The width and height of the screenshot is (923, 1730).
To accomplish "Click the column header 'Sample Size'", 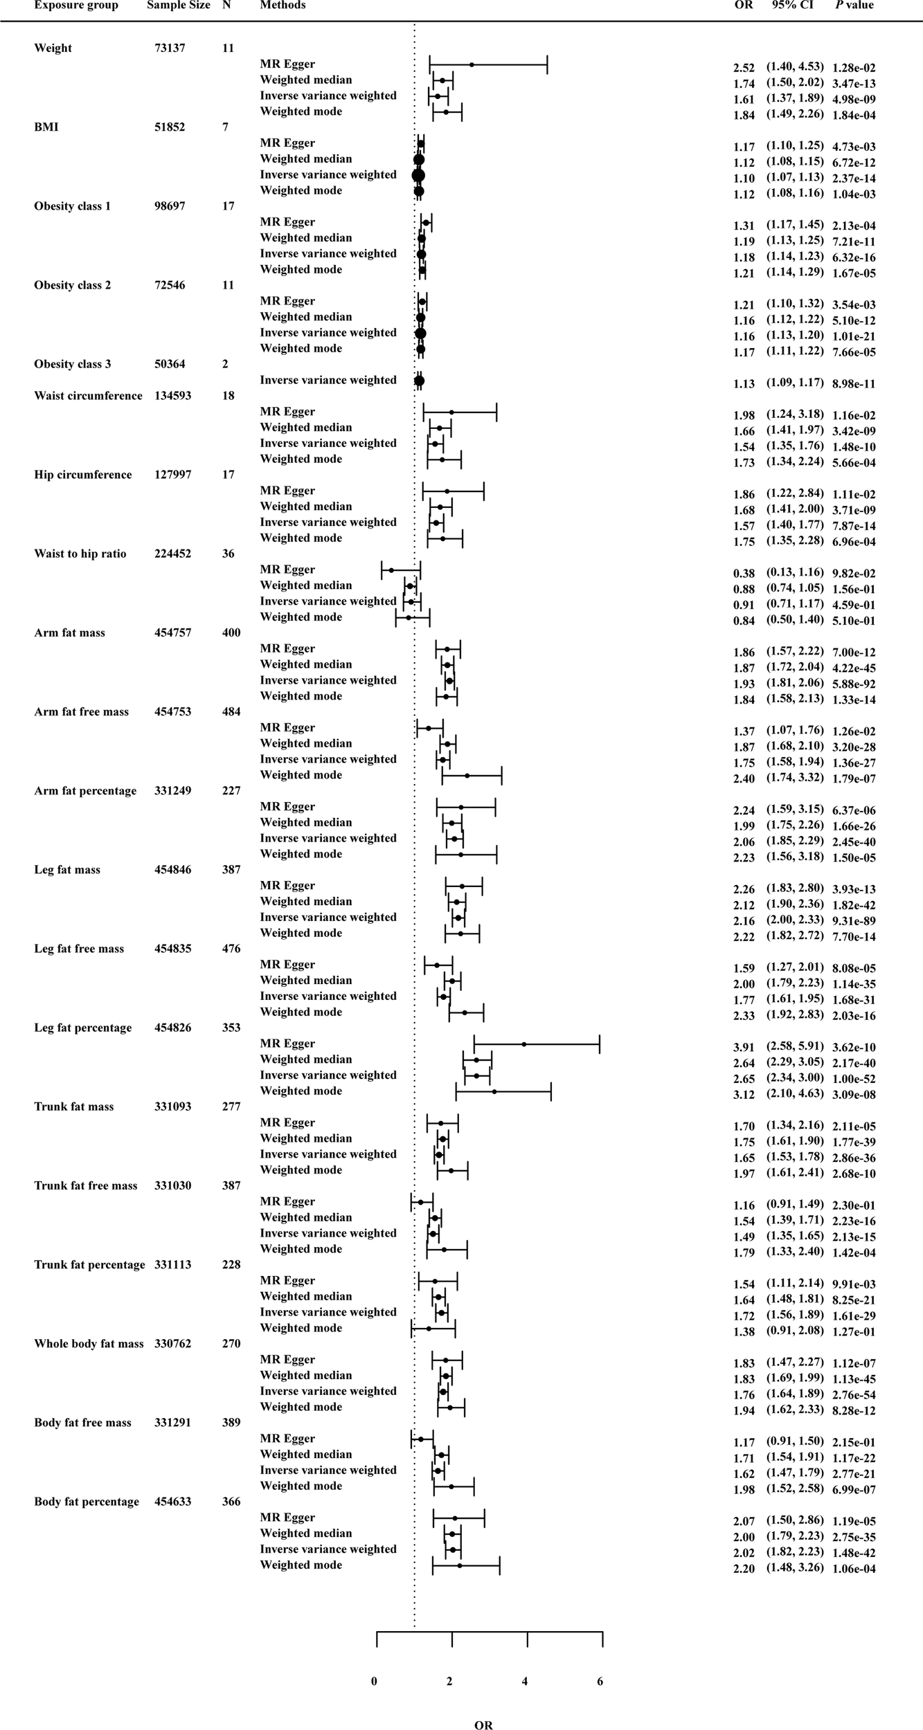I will pyautogui.click(x=179, y=6).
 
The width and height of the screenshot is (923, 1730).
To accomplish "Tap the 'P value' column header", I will pyautogui.click(x=854, y=6).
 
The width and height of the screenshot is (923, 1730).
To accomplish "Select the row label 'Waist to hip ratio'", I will pyautogui.click(x=80, y=554).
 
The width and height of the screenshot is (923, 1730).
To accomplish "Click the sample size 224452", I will pyautogui.click(x=173, y=554).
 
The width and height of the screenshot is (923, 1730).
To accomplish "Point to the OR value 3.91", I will pyautogui.click(x=744, y=1047).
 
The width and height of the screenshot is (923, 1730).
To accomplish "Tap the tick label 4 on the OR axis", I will pyautogui.click(x=525, y=1682).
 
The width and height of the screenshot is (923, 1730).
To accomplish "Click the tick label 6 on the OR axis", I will pyautogui.click(x=600, y=1682).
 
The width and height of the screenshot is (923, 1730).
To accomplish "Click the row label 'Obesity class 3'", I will pyautogui.click(x=73, y=364).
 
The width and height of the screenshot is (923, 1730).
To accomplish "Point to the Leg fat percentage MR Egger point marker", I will pyautogui.click(x=524, y=1044).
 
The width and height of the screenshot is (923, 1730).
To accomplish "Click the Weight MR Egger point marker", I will pyautogui.click(x=472, y=64).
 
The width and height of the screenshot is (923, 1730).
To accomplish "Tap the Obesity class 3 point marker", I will pyautogui.click(x=419, y=380).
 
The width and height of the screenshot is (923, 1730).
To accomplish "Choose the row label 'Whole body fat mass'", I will pyautogui.click(x=89, y=1343).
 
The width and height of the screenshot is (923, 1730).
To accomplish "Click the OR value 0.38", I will pyautogui.click(x=744, y=573).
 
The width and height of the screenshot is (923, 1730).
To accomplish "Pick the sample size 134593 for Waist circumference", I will pyautogui.click(x=173, y=396).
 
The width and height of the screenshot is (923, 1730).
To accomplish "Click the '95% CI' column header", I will pyautogui.click(x=795, y=6).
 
